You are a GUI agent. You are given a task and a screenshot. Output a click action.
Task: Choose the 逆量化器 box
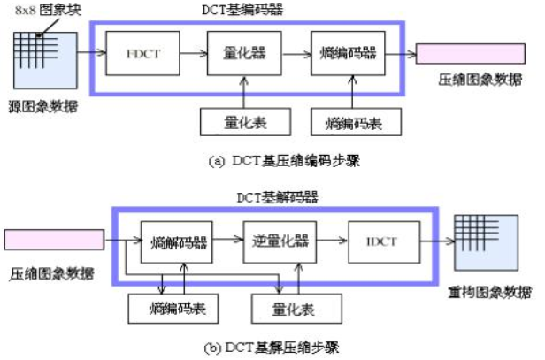click(x=278, y=240)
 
